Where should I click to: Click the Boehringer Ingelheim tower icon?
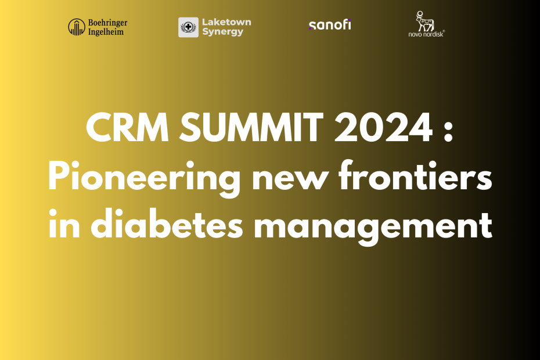(x=77, y=27)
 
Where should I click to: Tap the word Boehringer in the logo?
(x=107, y=23)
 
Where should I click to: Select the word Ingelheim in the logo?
(x=106, y=32)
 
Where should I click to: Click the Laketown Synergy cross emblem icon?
(x=188, y=27)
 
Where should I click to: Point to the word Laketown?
(x=226, y=22)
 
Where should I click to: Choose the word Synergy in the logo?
(x=223, y=32)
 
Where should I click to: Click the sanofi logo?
(x=330, y=25)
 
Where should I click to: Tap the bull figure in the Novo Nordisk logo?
(x=424, y=21)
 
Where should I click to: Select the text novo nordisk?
(x=426, y=34)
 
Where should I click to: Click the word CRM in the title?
(x=127, y=128)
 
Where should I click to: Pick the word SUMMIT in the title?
(x=251, y=128)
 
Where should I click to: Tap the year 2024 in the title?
(x=383, y=128)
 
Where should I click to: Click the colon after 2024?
(x=448, y=132)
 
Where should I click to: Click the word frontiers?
(x=415, y=175)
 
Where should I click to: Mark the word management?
(x=373, y=228)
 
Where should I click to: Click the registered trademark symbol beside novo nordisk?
(x=444, y=31)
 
